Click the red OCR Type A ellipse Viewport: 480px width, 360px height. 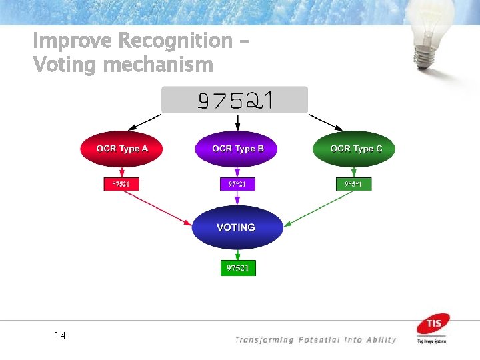tap(121, 149)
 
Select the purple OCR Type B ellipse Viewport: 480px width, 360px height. tap(237, 149)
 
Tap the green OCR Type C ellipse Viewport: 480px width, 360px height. tap(354, 149)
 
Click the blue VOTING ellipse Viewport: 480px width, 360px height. tap(237, 227)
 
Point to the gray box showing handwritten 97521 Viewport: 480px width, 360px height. tap(235, 100)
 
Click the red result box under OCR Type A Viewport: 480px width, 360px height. tap(121, 183)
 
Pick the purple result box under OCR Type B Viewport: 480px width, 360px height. tap(237, 183)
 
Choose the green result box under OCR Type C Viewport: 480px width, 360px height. tap(353, 183)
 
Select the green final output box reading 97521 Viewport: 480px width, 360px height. tap(238, 268)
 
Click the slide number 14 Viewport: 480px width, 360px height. tap(60, 335)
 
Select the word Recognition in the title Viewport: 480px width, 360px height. tap(175, 41)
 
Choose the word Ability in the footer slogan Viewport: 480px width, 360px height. tap(380, 340)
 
